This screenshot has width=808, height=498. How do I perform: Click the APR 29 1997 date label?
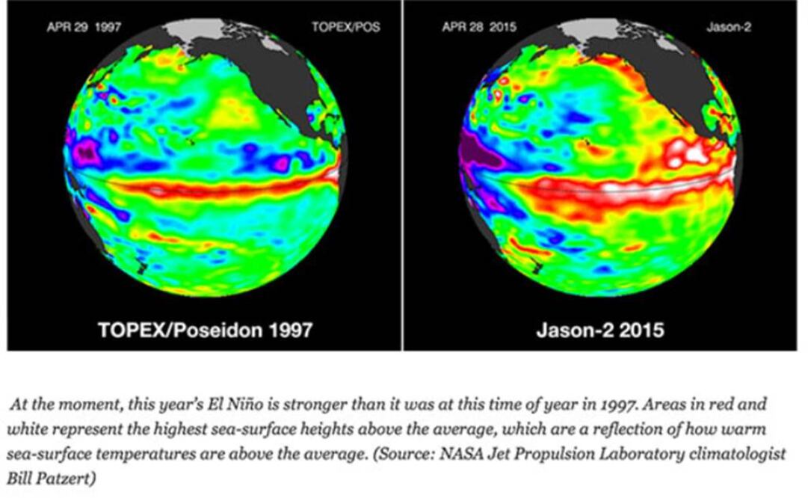[84, 28]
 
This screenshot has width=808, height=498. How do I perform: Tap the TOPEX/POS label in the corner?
[345, 28]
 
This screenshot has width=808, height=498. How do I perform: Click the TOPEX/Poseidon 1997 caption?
[205, 330]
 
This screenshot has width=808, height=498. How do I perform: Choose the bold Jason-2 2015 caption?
[600, 330]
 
